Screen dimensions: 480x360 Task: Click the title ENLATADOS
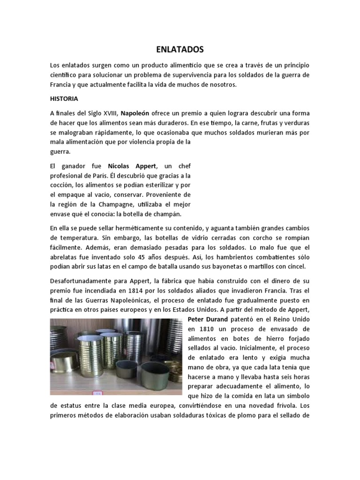pos(180,49)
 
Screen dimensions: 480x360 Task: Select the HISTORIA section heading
pos(64,99)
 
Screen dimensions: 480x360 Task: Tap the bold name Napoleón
pos(136,113)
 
